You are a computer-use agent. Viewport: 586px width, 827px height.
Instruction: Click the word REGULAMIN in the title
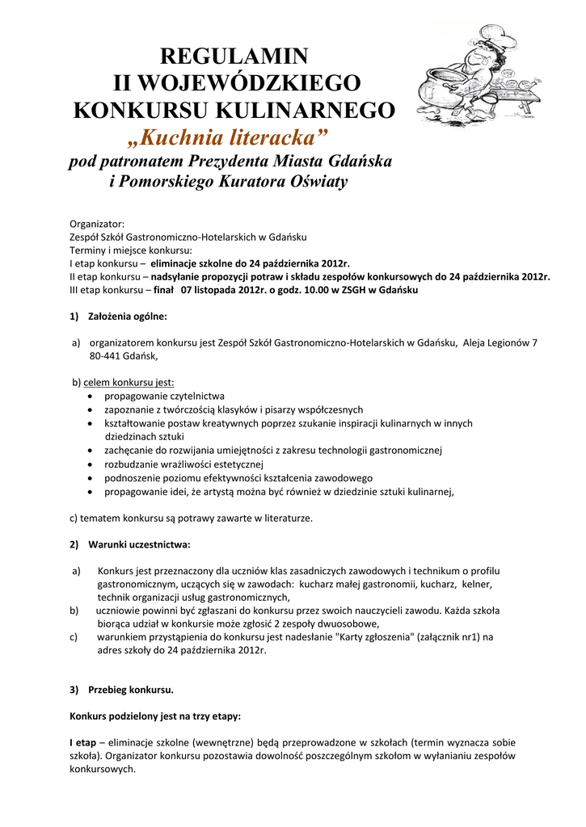(x=234, y=56)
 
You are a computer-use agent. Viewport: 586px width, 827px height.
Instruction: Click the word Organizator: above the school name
(x=97, y=224)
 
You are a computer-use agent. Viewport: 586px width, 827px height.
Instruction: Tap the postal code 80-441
(x=104, y=355)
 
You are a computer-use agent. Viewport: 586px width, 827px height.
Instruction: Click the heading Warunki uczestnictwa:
(x=139, y=544)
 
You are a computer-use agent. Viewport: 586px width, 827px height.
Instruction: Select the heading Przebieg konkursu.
(x=131, y=690)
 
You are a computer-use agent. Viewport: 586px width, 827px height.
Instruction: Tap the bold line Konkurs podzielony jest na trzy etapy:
(x=154, y=716)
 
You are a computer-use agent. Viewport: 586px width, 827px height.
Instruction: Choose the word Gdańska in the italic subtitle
(x=359, y=162)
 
